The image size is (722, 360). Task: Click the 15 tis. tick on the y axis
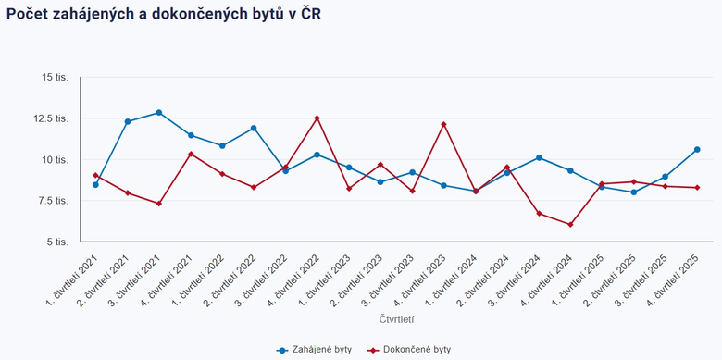(55, 77)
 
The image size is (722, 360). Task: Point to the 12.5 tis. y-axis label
(52, 118)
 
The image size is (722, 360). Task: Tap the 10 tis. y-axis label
(55, 159)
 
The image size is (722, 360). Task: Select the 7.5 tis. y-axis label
(53, 201)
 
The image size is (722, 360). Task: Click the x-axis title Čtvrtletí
(396, 318)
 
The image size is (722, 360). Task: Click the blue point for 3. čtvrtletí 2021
(159, 113)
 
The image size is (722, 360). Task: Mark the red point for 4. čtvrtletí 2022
(317, 118)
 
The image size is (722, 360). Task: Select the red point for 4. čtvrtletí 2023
(443, 124)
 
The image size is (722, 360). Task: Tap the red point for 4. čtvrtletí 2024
(570, 224)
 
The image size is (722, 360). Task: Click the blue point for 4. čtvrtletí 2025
(697, 149)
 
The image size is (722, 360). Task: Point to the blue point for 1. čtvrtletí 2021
(95, 184)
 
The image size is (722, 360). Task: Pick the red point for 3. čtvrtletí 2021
(159, 204)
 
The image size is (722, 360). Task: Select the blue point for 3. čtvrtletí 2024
(539, 157)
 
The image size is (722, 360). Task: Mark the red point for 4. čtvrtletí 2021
(191, 154)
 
